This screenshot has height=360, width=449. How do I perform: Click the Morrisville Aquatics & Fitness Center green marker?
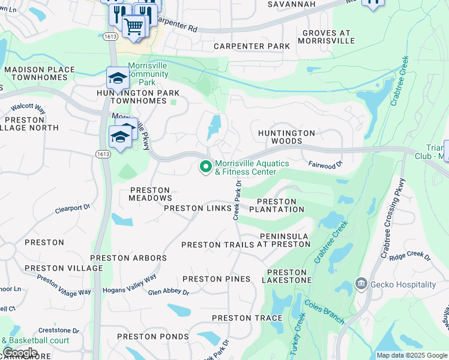tap(206, 167)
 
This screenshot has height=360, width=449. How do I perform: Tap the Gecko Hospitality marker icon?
tap(361, 284)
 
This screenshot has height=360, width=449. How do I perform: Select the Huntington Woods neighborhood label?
tap(286, 137)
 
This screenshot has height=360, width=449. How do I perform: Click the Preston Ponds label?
tap(153, 337)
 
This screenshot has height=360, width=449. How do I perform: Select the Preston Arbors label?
tap(128, 258)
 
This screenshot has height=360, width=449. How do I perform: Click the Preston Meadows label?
tap(151, 194)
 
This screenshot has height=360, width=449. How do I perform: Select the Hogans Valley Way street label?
tap(133, 283)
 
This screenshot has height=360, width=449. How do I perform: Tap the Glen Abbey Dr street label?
tap(169, 292)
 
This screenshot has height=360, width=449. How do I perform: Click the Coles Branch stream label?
tap(325, 313)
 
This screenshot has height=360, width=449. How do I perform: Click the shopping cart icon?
tap(134, 26)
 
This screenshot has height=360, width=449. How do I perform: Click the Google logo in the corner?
tap(20, 353)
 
